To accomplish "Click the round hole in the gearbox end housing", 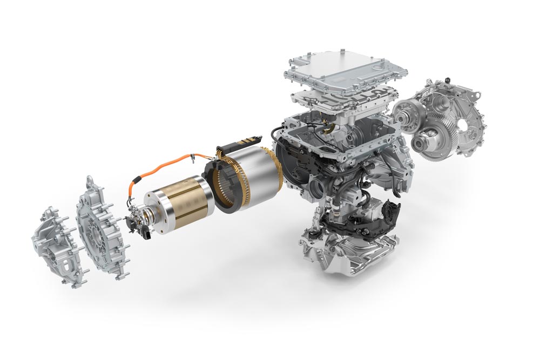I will pyautogui.click(x=463, y=125).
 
